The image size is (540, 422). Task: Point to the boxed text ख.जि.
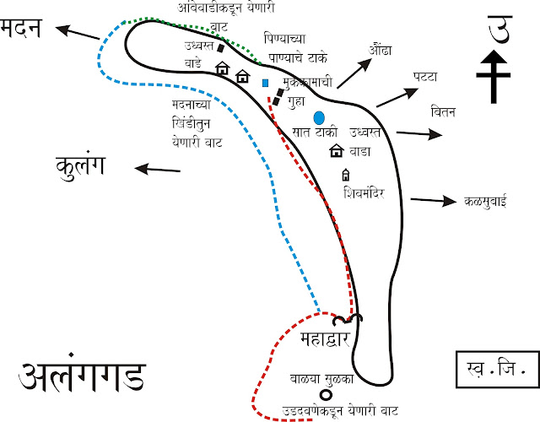(x=491, y=369)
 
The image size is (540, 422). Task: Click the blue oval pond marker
(x=319, y=117)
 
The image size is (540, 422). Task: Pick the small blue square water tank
(x=265, y=84)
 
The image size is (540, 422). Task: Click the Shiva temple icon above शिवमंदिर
(x=345, y=176)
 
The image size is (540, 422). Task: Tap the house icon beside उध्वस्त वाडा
(x=335, y=151)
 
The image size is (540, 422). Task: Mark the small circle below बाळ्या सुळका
(x=324, y=395)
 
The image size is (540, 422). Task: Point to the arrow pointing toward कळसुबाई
(x=431, y=200)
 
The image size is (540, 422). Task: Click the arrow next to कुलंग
(x=155, y=169)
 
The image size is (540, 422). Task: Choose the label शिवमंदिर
(x=364, y=192)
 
